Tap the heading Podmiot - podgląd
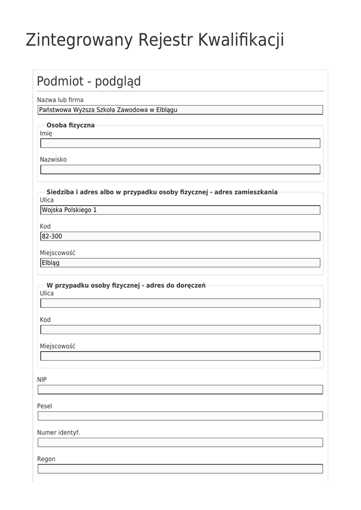click(x=89, y=81)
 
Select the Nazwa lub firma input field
click(x=180, y=110)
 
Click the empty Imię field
click(x=180, y=143)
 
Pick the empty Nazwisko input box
click(x=180, y=170)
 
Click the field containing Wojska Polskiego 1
click(x=180, y=210)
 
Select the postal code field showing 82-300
click(x=180, y=237)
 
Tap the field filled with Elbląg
click(x=180, y=263)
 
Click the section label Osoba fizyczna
click(x=70, y=125)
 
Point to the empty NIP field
click(x=180, y=389)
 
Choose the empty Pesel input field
click(x=180, y=416)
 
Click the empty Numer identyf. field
click(x=180, y=442)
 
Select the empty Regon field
click(x=180, y=469)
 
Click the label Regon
click(x=46, y=459)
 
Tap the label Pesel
click(x=44, y=406)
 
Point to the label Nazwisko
click(x=53, y=160)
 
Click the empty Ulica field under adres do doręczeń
click(x=180, y=303)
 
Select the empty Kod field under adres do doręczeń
click(x=180, y=330)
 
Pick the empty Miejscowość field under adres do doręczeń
click(x=180, y=356)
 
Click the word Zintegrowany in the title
click(x=79, y=40)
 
